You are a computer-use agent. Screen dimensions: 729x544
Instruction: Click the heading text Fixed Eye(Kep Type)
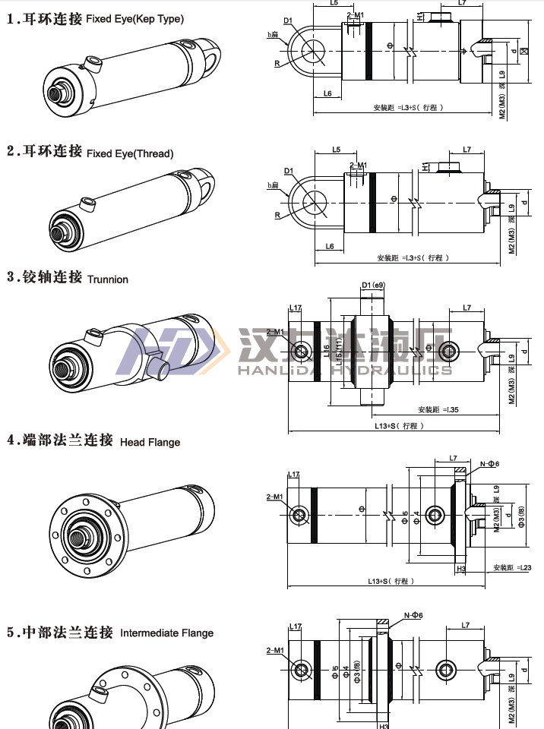click(134, 18)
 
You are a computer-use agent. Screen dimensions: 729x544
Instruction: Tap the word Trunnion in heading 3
click(108, 279)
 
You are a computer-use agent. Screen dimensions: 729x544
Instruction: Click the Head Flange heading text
click(150, 442)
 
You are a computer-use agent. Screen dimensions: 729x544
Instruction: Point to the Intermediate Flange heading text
click(167, 633)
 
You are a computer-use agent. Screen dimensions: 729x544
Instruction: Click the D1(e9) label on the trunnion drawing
click(373, 286)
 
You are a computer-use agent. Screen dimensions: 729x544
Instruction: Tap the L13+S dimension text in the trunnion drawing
click(399, 426)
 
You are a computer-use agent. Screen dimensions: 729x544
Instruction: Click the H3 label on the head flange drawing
click(461, 568)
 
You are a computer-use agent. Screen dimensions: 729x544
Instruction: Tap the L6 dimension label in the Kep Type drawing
click(327, 93)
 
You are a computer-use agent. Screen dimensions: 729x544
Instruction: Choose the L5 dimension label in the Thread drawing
click(337, 150)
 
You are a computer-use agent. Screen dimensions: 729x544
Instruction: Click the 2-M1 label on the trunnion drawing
click(275, 332)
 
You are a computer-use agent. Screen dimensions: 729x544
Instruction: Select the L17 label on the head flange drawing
click(294, 475)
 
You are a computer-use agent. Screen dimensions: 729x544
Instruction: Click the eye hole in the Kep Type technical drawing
click(313, 50)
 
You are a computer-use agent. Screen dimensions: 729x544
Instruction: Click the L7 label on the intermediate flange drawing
click(468, 626)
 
